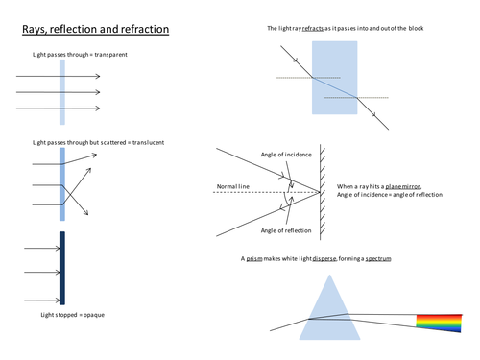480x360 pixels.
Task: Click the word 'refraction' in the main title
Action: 145,29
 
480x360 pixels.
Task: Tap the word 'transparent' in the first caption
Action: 110,55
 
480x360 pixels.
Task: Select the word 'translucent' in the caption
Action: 148,142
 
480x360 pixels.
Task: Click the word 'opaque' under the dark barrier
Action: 94,315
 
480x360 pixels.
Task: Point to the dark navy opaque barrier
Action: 62,268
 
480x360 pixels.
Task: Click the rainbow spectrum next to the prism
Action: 439,324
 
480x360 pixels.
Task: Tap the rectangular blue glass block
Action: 335,78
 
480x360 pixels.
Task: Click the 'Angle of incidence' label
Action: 286,155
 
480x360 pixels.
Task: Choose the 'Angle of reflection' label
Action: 286,230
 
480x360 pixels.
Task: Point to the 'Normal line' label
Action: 233,186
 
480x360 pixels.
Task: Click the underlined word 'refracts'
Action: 313,28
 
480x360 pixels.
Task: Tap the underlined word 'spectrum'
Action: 378,258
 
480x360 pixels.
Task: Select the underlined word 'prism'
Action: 254,258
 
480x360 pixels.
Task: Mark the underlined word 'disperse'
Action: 324,258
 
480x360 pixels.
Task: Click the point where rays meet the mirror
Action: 320,192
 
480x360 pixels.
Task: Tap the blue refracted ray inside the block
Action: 335,87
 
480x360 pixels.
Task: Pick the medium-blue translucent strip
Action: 62,184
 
